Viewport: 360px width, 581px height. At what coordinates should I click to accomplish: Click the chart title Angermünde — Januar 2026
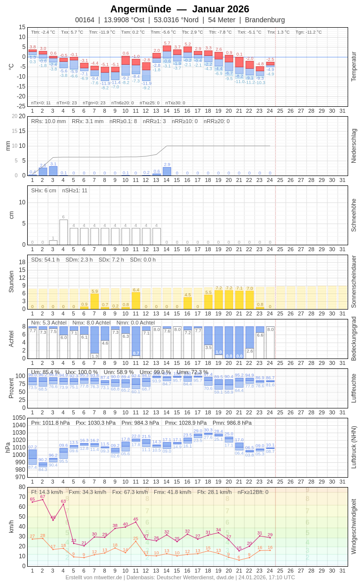coord(180,9)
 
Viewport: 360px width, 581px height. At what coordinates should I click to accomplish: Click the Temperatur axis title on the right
coord(354,67)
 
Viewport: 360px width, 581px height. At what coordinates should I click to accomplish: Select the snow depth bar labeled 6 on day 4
coord(63,232)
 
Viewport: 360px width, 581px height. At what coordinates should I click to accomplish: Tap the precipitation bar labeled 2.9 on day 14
coord(167,171)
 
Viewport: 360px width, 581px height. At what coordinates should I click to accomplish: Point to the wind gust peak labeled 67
coord(43,499)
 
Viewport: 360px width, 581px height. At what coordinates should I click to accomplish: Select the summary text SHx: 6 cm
coord(44,190)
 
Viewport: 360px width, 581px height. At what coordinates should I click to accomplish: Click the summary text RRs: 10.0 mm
coord(48,121)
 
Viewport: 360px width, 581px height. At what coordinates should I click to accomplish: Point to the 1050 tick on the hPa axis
coord(19,417)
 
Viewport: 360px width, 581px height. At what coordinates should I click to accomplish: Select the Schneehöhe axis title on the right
coord(354,215)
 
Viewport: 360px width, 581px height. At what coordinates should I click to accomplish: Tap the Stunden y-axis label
coord(11,281)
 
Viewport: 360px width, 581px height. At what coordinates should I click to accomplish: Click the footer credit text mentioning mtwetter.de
coord(180,577)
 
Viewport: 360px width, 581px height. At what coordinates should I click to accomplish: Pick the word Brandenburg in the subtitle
coord(265,20)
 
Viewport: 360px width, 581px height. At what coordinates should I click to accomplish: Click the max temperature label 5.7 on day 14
coord(167,43)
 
